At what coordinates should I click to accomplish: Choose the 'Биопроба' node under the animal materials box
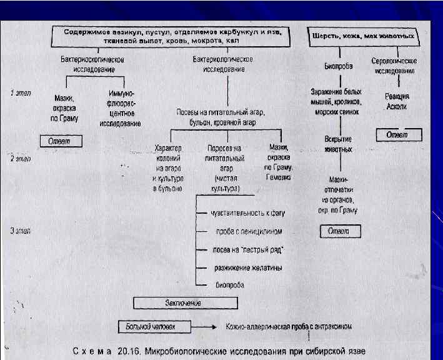[339, 65]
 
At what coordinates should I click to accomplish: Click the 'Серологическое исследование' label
[394, 67]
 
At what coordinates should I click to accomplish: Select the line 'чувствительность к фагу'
[246, 214]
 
